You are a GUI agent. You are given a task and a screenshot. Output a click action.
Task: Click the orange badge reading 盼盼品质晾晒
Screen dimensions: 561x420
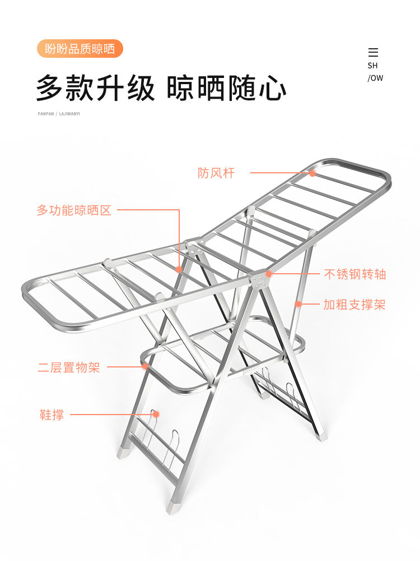point(80,49)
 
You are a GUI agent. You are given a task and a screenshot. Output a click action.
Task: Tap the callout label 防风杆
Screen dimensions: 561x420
point(216,173)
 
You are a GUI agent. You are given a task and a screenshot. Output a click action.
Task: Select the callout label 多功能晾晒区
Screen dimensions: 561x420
point(74,210)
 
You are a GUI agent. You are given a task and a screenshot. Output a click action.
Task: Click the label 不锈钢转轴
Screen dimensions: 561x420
point(355,274)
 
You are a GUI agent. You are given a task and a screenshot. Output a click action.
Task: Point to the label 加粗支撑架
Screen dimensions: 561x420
point(354,305)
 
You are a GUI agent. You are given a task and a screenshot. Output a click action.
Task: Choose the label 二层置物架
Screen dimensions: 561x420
point(69,368)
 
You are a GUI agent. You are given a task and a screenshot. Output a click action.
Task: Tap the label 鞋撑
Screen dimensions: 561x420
point(52,415)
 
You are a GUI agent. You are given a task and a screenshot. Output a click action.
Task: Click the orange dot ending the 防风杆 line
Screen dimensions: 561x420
point(312,173)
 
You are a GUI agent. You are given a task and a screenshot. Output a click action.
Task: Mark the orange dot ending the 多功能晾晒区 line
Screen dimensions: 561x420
point(179,269)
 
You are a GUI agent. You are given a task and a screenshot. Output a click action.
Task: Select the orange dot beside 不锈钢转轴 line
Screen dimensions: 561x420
point(269,274)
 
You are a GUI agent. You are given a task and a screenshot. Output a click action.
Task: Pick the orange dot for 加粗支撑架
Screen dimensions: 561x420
point(298,304)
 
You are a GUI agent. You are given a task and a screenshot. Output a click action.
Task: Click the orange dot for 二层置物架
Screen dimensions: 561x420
point(145,367)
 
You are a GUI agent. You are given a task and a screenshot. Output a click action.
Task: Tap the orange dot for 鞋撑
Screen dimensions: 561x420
point(156,414)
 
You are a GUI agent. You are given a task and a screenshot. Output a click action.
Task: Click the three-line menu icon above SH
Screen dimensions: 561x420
point(373,53)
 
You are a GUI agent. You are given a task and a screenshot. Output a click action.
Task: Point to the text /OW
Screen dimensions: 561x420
point(375,78)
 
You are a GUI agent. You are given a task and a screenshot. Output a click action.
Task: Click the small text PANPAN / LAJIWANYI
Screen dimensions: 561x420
point(59,113)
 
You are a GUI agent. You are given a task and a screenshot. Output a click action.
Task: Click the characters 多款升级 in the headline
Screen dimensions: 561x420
point(95,88)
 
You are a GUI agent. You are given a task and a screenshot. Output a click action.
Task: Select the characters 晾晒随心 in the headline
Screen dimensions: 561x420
point(227,88)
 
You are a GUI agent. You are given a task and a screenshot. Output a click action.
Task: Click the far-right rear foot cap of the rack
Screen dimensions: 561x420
point(321,435)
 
